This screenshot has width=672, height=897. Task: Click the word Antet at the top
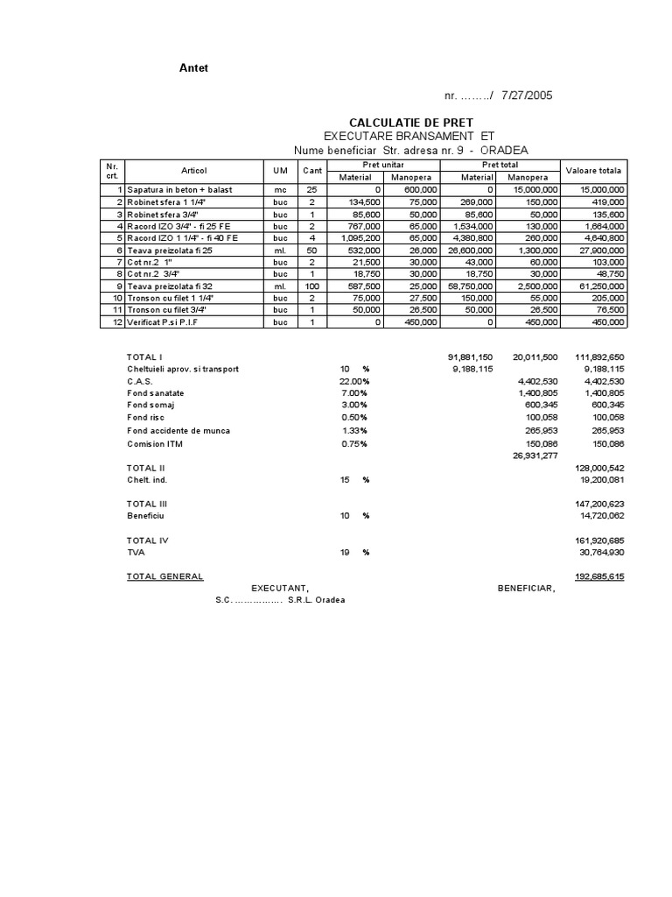pos(194,68)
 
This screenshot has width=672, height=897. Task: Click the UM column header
pos(280,170)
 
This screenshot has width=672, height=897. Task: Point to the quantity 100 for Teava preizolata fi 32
pos(312,286)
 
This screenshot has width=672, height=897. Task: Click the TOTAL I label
pos(145,357)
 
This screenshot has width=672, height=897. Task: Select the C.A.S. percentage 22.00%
pos(354,381)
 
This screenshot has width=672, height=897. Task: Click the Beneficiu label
pos(147,516)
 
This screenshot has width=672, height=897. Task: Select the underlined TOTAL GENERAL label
pos(165,576)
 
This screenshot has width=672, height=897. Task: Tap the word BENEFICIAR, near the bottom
pos(526,589)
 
